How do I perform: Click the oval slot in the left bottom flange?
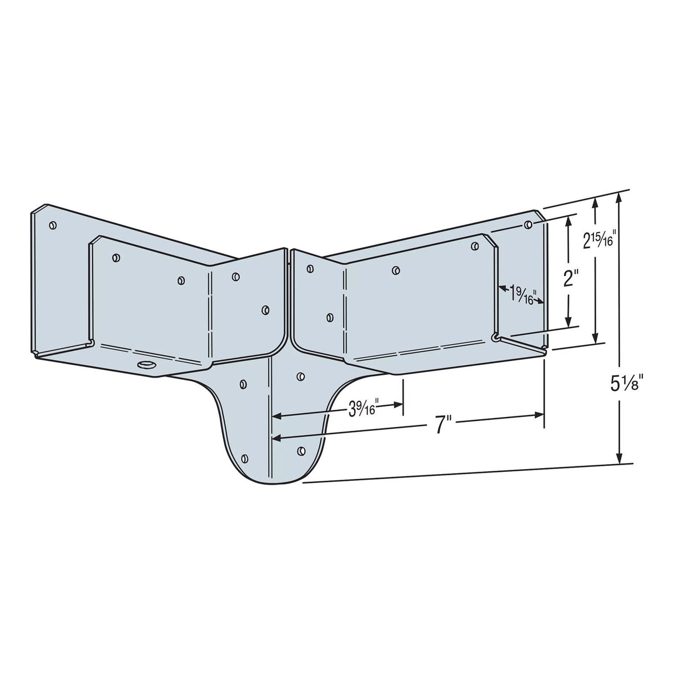coord(147,365)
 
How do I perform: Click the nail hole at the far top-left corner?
coord(52,225)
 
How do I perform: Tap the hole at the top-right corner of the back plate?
coord(528,224)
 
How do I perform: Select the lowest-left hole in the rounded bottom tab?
coord(245,458)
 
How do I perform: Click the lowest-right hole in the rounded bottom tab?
coord(301,450)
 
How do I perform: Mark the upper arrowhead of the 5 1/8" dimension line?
coord(620,197)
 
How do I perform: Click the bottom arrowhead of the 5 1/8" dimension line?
coord(620,458)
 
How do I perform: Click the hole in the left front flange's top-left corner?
coord(115,257)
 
